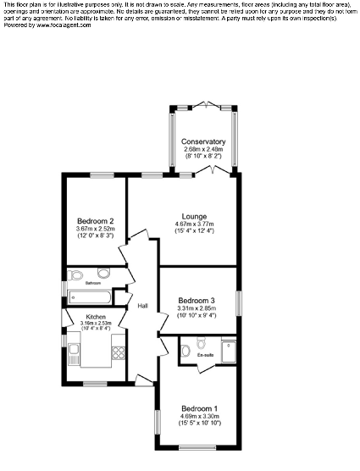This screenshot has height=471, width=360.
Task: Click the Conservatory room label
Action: point(203,141)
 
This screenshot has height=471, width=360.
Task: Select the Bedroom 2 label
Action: point(95,221)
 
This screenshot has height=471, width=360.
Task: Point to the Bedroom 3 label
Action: point(196,300)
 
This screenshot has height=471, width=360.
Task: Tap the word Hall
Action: point(143,306)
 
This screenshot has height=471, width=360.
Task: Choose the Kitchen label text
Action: point(95,316)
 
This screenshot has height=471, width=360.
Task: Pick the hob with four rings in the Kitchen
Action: point(117,354)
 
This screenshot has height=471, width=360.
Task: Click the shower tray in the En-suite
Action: point(229,350)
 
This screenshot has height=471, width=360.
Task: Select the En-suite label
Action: point(206,355)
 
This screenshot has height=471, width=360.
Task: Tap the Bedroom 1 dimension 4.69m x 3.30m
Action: point(200,416)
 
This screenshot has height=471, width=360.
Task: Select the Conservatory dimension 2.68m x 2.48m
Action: point(203,149)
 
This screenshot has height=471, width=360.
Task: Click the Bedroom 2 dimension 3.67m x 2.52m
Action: point(95,229)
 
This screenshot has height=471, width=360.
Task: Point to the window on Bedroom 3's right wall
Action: point(238,302)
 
